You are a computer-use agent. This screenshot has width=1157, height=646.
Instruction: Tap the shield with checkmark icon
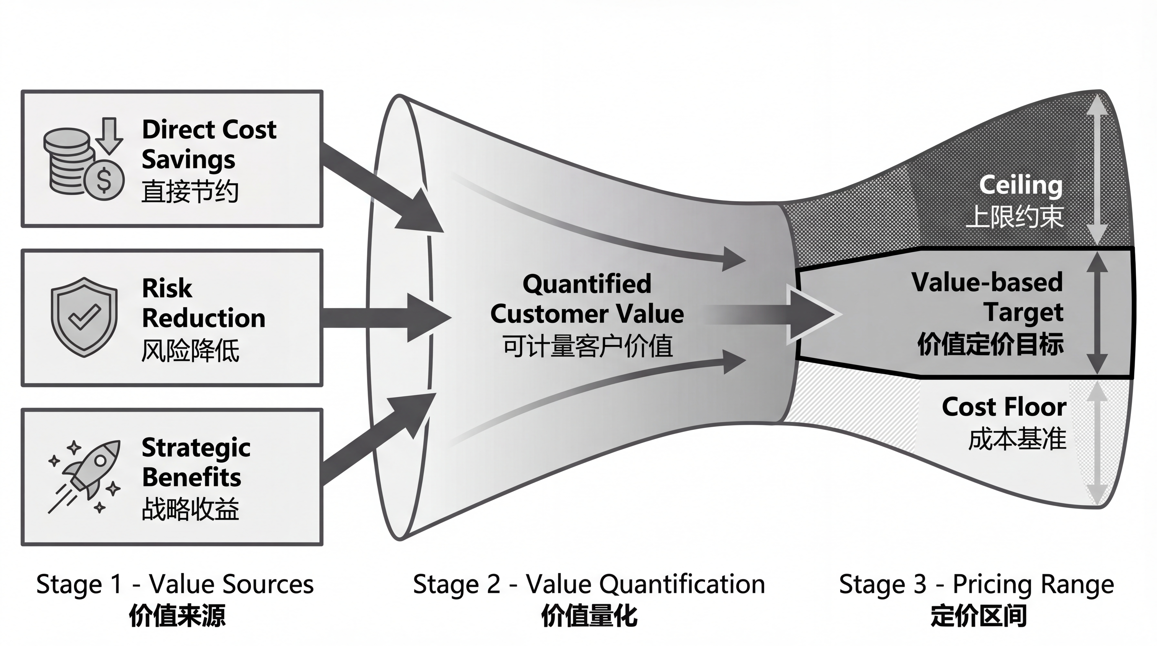(x=84, y=317)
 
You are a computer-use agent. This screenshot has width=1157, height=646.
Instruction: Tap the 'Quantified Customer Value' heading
(x=586, y=299)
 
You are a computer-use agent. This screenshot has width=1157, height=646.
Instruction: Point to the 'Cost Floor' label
(x=1004, y=407)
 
